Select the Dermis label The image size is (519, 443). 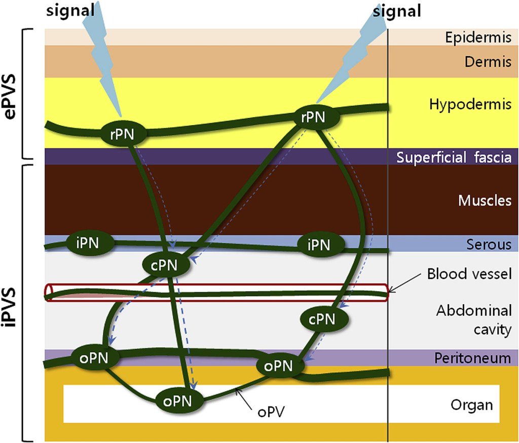(487, 62)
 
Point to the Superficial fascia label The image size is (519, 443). (454, 157)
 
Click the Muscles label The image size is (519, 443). (485, 200)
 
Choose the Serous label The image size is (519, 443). (489, 245)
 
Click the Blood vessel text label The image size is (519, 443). (469, 274)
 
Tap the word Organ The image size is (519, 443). (471, 405)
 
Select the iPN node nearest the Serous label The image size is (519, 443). (319, 245)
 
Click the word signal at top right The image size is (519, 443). (397, 11)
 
